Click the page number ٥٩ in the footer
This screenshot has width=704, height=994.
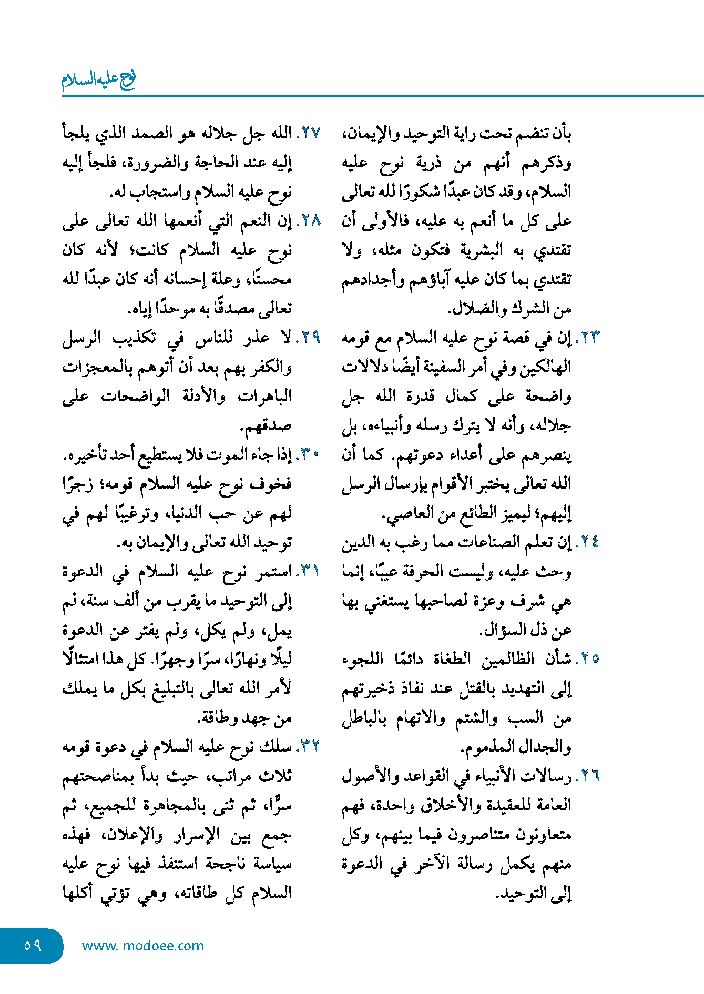tap(32, 945)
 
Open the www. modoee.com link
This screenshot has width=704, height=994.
tap(142, 946)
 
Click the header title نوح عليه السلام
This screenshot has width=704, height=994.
tap(99, 79)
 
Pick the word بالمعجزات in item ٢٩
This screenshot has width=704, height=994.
tap(97, 367)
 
